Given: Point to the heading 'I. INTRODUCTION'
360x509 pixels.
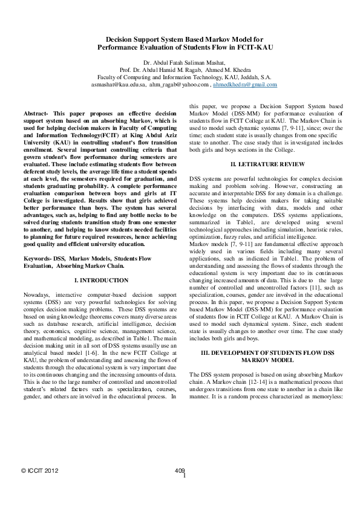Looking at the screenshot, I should tap(100, 280).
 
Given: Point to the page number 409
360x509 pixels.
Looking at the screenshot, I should tap(179, 469).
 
